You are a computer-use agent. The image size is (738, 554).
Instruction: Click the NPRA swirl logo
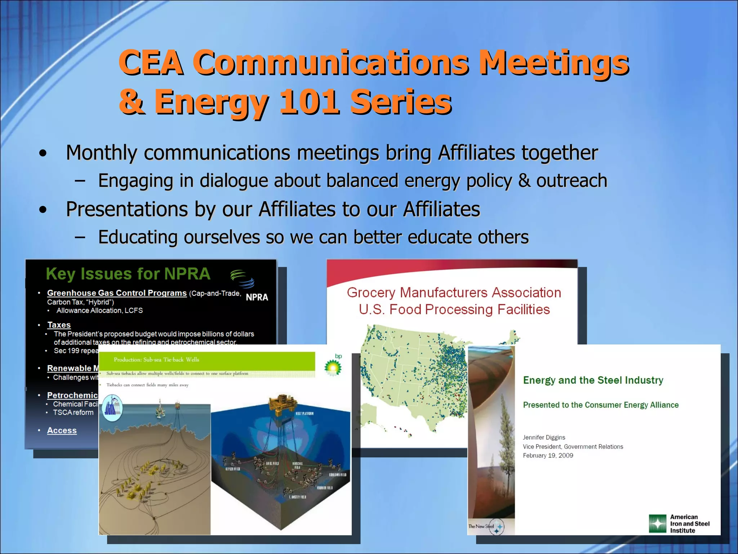click(242, 278)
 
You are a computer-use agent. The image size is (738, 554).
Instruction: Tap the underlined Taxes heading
click(59, 325)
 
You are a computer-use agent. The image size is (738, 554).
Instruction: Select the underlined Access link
click(62, 430)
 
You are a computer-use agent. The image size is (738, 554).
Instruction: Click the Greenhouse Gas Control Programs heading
click(117, 293)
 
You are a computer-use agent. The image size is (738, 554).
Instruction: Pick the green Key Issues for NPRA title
click(128, 274)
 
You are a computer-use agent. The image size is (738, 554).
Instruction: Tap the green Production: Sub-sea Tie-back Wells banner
click(206, 360)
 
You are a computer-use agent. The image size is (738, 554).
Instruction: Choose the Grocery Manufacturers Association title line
click(454, 293)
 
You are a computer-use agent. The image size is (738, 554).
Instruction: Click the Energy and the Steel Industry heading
click(593, 380)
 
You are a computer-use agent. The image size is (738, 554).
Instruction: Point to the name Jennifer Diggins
click(544, 438)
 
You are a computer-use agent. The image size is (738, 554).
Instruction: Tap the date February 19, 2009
click(548, 456)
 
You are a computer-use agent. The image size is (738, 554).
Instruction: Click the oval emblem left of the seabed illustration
click(112, 408)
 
